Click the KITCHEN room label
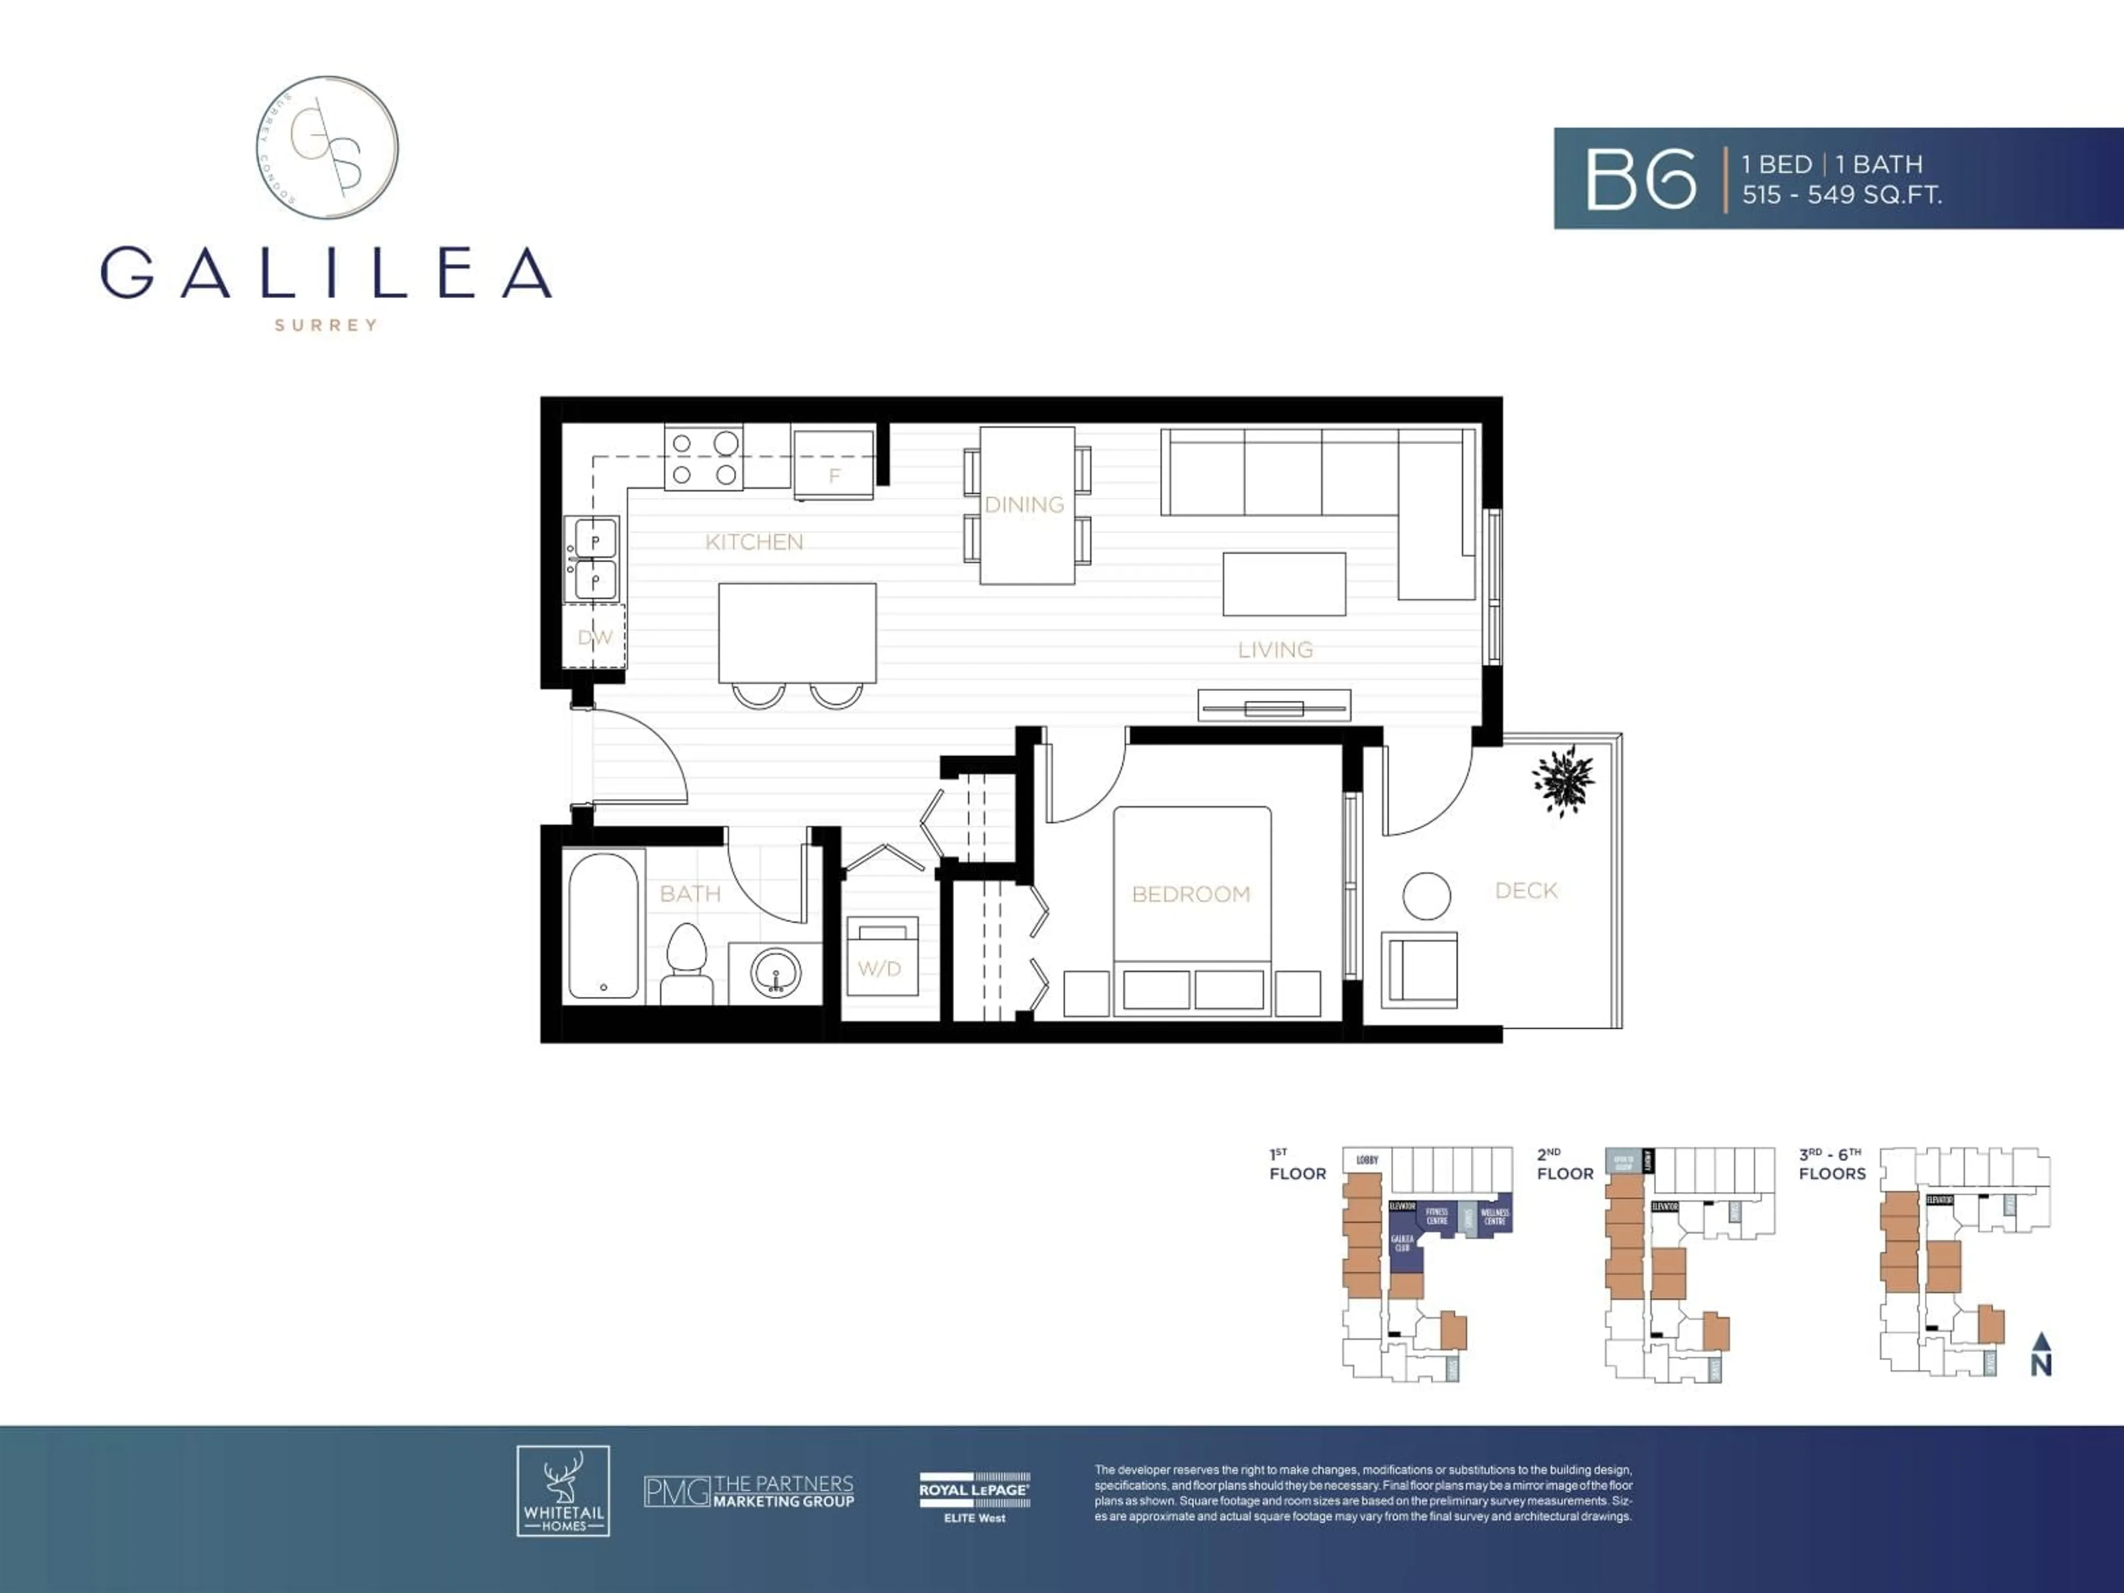pyautogui.click(x=754, y=542)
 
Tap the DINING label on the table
pyautogui.click(x=1024, y=504)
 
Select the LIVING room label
pyautogui.click(x=1275, y=650)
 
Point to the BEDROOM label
pyautogui.click(x=1191, y=894)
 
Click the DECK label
pyautogui.click(x=1526, y=890)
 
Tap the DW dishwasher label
pyautogui.click(x=595, y=637)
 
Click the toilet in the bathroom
pyautogui.click(x=686, y=963)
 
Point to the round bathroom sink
pyautogui.click(x=776, y=973)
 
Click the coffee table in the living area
pyautogui.click(x=1284, y=584)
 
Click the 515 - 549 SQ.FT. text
pyautogui.click(x=1842, y=195)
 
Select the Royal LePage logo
pyautogui.click(x=973, y=1497)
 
